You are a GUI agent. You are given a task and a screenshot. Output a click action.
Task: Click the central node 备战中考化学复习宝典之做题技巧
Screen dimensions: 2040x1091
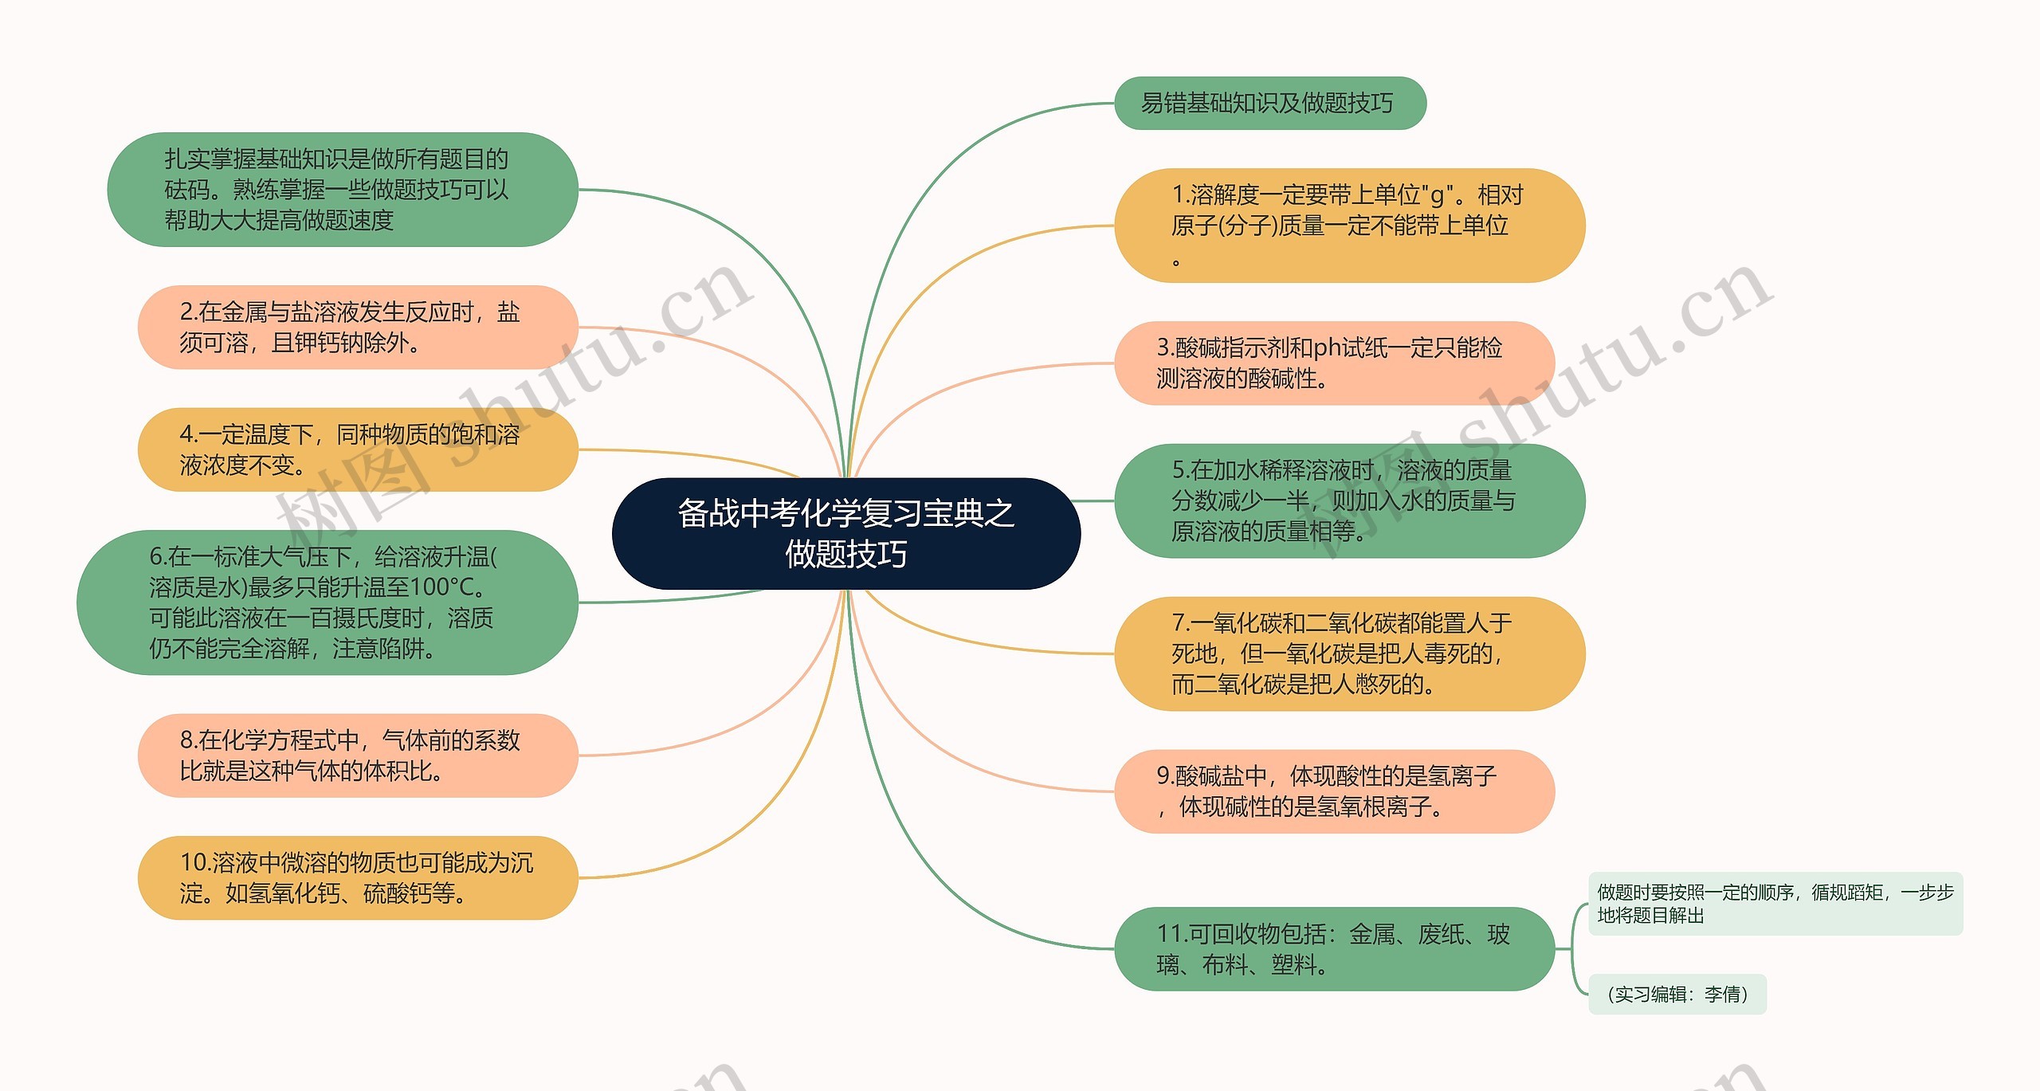click(x=845, y=533)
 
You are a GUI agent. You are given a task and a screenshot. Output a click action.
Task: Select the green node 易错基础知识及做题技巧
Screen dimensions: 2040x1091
click(x=1269, y=103)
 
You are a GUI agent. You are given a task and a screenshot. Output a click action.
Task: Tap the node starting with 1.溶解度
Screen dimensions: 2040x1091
click(x=1349, y=226)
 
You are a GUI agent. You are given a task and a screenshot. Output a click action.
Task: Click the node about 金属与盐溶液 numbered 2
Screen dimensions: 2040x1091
click(x=358, y=327)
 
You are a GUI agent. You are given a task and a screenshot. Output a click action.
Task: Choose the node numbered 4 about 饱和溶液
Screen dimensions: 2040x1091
click(x=358, y=449)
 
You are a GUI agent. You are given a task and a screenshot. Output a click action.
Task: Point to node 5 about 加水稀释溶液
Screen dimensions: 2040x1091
click(x=1349, y=500)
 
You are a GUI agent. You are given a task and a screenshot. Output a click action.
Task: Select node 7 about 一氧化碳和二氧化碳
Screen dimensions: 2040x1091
click(x=1349, y=653)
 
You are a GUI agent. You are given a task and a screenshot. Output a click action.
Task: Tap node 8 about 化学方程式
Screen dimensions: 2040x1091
click(x=358, y=755)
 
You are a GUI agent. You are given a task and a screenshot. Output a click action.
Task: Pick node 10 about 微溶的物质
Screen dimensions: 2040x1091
click(x=358, y=877)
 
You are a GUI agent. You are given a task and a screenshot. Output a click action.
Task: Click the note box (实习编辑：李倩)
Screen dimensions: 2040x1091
click(x=1677, y=994)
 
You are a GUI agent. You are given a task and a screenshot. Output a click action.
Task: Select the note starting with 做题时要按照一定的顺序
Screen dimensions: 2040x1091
click(x=1775, y=904)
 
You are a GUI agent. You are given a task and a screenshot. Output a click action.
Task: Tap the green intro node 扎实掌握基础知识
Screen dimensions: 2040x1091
click(x=343, y=190)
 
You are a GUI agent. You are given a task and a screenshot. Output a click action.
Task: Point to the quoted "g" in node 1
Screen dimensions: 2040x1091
click(x=1438, y=195)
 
